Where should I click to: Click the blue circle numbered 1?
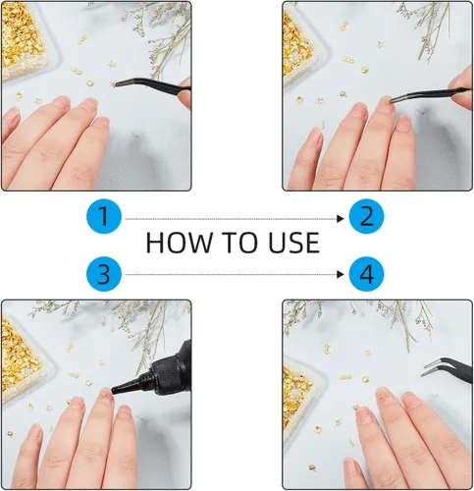tap(104, 216)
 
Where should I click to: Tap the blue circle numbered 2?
tap(366, 216)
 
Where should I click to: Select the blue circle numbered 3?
tap(104, 274)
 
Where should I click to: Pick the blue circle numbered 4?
tap(366, 274)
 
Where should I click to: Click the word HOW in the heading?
tap(179, 243)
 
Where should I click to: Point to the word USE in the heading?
tap(293, 243)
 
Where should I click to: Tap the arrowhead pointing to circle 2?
tap(341, 219)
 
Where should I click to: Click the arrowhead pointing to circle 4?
tap(341, 274)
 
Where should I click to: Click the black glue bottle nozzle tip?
tap(113, 390)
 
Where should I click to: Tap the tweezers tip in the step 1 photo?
tap(117, 85)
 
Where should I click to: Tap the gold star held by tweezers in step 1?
tap(113, 84)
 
